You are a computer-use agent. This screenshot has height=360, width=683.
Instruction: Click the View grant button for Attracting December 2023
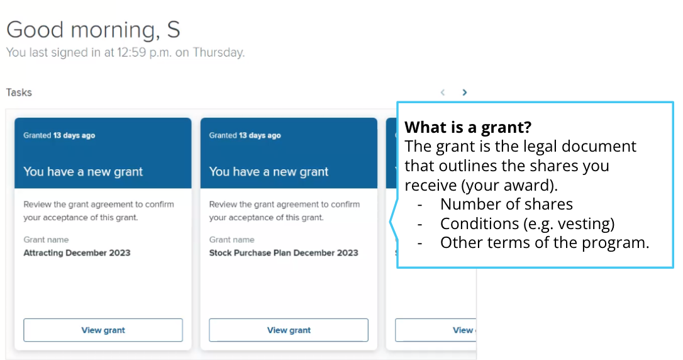pos(103,330)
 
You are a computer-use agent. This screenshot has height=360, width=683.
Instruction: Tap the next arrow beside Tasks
pos(464,93)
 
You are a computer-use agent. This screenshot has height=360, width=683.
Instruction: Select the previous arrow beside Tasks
pos(443,93)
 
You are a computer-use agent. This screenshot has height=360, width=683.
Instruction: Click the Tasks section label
pos(19,93)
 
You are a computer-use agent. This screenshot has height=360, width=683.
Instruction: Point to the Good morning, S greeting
pos(93,30)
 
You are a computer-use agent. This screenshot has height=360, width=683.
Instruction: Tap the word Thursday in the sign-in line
pos(219,52)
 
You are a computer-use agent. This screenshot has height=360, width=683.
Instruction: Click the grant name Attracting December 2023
pos(77,253)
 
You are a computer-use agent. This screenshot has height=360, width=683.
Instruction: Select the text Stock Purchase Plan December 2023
pos(284,253)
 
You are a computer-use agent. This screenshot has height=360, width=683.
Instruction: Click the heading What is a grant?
pos(468,127)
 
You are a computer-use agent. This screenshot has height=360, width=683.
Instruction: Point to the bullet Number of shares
pos(506,204)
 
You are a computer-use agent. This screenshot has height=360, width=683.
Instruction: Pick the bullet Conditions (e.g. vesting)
pos(527,223)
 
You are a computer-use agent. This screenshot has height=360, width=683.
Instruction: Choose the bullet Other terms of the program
pos(545,242)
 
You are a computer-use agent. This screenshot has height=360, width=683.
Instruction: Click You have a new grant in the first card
pos(83,172)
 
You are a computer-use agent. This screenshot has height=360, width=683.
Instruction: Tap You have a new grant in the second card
pos(269,172)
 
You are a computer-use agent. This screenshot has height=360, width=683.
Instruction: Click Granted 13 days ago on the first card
pos(59,135)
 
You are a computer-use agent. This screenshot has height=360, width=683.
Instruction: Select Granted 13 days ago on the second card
pos(245,135)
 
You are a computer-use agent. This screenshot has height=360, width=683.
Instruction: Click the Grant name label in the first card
pos(46,240)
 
